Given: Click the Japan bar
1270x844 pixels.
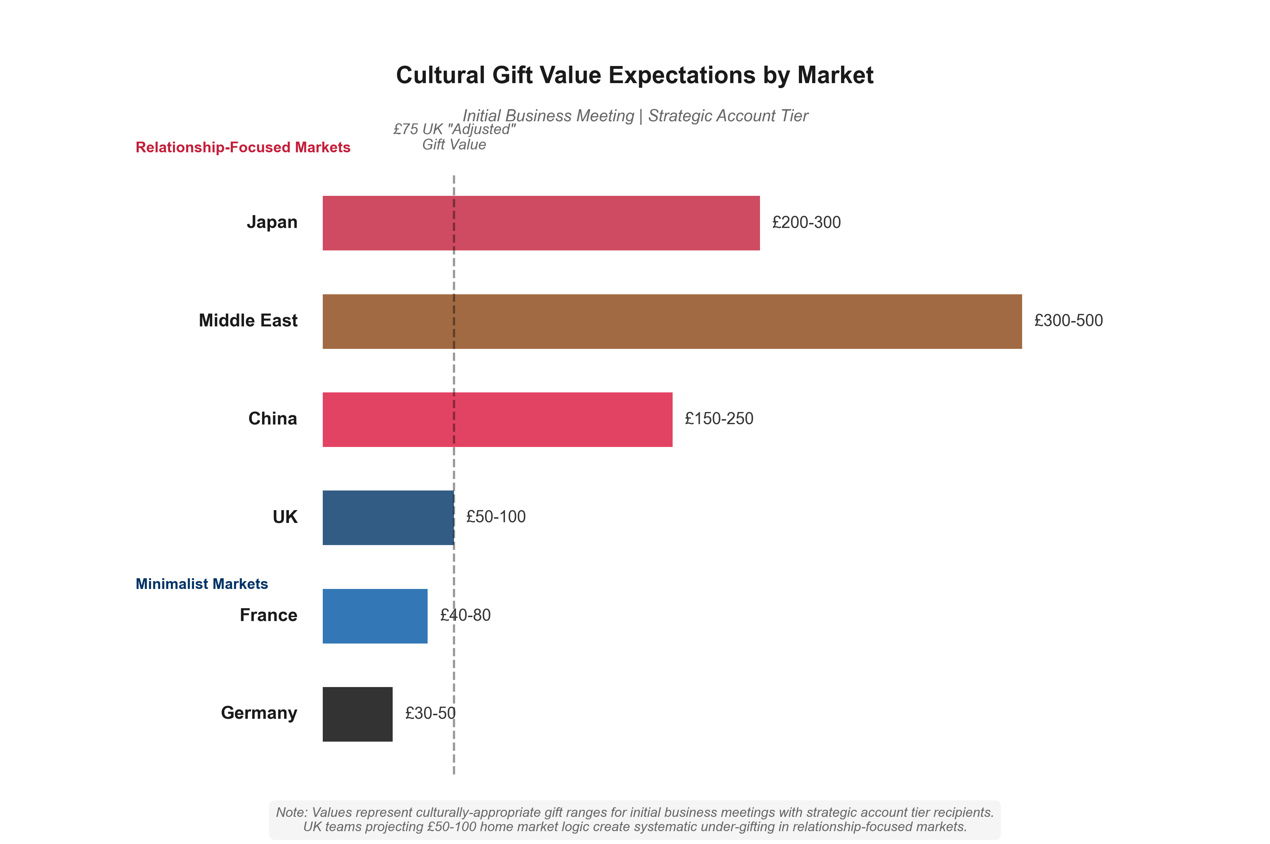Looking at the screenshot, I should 541,223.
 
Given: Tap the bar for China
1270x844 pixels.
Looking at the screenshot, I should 497,419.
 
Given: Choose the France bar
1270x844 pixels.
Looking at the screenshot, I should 374,616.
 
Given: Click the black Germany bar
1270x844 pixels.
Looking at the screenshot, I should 357,714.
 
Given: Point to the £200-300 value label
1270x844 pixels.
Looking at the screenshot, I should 806,222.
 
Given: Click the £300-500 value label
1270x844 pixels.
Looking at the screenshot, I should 1068,321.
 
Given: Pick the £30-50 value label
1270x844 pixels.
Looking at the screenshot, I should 430,713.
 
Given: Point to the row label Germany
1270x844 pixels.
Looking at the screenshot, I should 259,713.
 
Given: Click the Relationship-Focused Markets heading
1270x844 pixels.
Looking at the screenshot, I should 243,147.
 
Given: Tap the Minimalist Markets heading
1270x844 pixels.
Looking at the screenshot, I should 201,584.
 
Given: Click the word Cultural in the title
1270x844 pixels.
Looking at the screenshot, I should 440,75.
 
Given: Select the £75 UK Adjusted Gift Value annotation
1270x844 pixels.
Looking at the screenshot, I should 454,137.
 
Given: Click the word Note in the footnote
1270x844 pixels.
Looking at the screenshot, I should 291,812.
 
